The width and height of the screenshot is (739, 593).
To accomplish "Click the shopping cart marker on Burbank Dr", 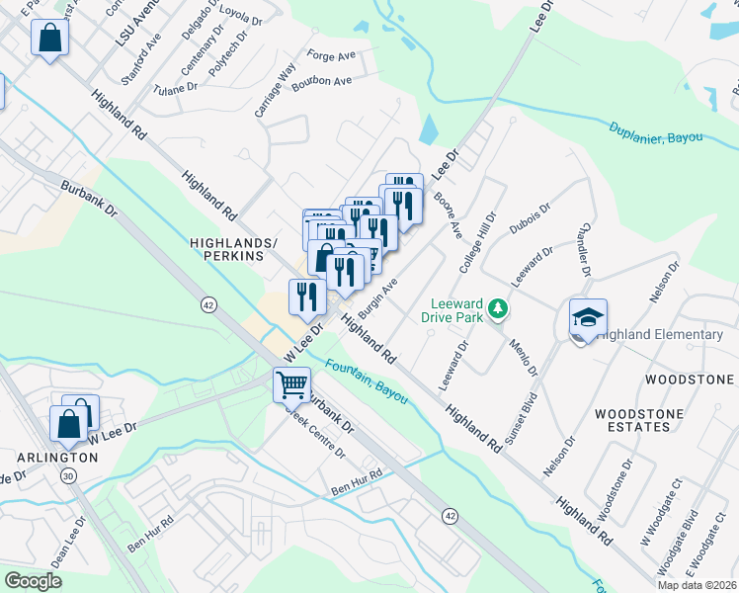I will [x=291, y=383].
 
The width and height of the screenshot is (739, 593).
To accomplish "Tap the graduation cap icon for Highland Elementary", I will [x=588, y=318].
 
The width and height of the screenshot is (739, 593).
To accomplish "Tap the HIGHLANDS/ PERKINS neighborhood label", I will [x=228, y=248].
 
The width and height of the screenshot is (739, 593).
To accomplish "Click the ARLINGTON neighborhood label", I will [x=56, y=458].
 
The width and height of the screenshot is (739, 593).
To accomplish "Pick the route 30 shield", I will [x=67, y=475].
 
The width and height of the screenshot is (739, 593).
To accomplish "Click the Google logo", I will [x=33, y=580].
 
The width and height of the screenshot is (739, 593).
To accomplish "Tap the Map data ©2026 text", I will [x=698, y=585].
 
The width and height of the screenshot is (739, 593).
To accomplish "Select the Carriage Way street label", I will [x=276, y=91].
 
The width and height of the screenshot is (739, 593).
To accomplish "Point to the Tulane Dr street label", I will [x=176, y=89].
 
